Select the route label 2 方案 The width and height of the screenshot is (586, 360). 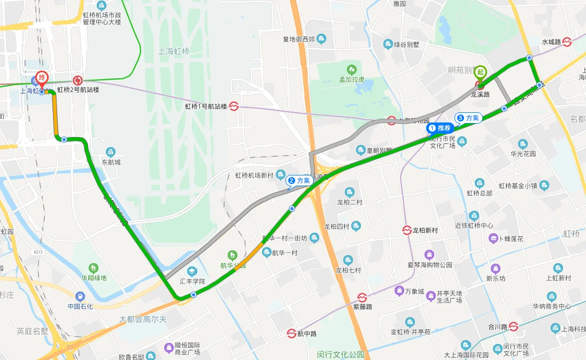pos(299,181)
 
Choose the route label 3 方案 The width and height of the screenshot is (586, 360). pos(468,118)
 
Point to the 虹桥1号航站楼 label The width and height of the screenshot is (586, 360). pos(206,106)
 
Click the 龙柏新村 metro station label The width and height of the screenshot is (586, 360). pos(425,231)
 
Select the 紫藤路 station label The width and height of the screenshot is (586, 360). pos(363,307)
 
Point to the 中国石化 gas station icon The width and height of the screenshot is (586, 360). pos(80,296)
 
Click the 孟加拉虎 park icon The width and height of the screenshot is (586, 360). pos(351,69)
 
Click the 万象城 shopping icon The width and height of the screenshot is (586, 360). pos(399,290)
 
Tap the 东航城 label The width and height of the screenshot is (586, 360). pos(111,162)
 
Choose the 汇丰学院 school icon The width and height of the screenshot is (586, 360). pos(191,271)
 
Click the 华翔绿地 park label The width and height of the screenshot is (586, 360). pos(94,278)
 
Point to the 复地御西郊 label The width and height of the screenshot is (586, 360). pos(299,39)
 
